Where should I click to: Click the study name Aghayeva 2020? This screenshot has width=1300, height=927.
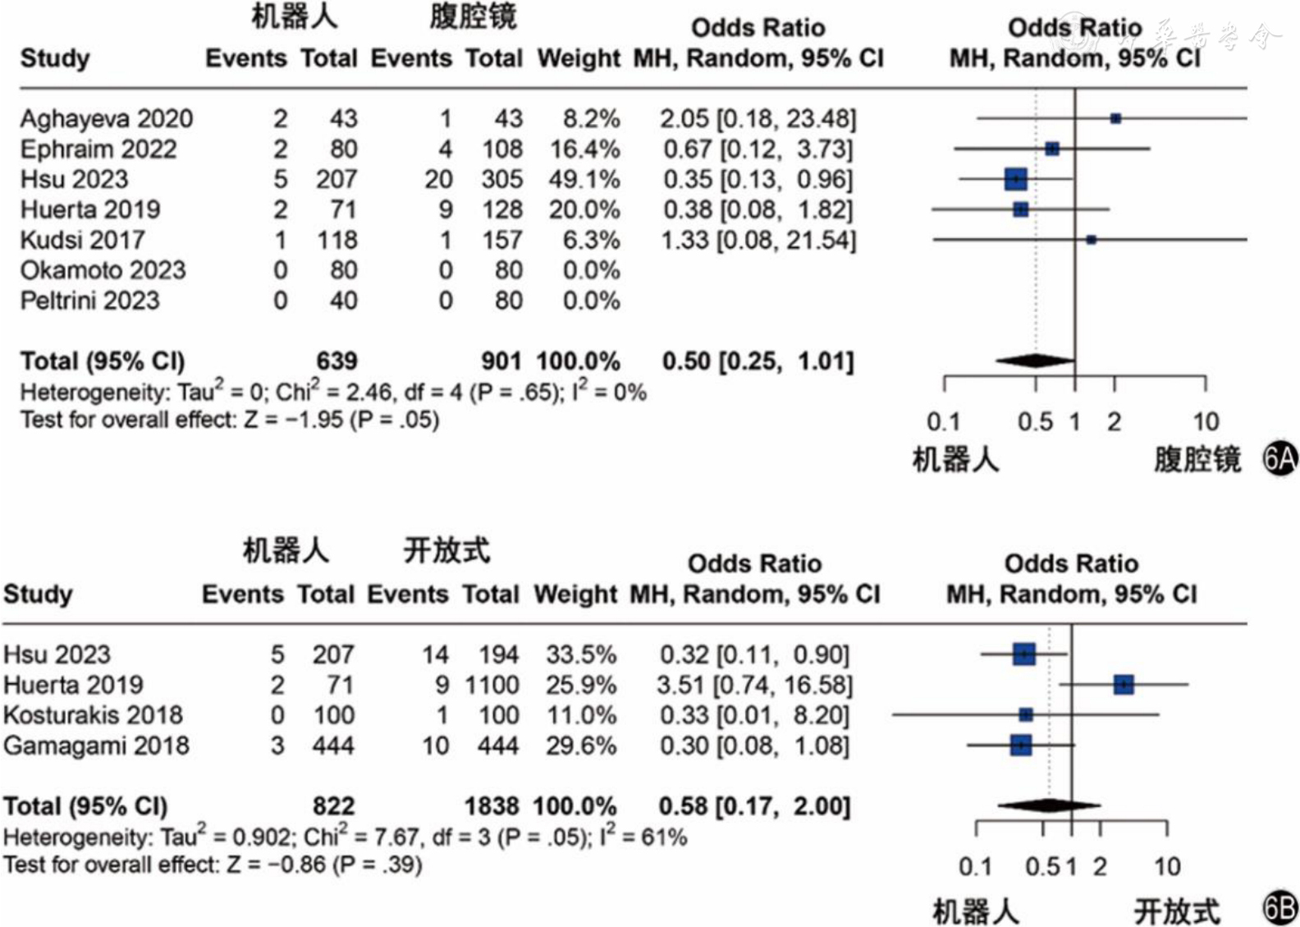(106, 119)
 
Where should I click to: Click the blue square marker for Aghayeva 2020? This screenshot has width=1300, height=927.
(1115, 118)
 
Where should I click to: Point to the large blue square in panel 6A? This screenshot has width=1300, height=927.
(1016, 178)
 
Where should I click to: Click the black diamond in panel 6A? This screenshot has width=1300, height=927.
(1036, 360)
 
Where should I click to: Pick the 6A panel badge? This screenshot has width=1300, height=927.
(1279, 459)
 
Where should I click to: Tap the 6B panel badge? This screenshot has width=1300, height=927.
(1279, 908)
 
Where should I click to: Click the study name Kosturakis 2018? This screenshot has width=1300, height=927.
(93, 715)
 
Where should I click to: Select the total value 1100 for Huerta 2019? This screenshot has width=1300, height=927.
(492, 685)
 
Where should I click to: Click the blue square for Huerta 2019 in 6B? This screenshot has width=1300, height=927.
(1124, 684)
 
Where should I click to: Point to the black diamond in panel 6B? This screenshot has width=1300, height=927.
(1050, 805)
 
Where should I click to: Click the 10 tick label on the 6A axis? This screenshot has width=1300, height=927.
(1206, 422)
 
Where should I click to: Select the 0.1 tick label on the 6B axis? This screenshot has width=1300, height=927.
(975, 867)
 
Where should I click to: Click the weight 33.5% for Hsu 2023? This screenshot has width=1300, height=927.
(581, 654)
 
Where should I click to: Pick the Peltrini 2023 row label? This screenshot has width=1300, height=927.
(89, 301)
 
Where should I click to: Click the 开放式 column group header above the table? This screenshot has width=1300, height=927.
(446, 550)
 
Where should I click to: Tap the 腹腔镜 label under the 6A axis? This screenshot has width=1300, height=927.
(1197, 460)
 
